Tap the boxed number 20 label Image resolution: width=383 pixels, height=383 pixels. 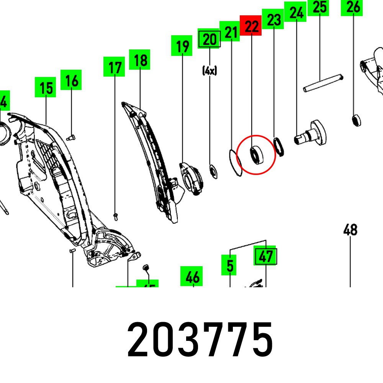point(210,39)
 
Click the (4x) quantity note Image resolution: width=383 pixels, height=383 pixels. point(210,70)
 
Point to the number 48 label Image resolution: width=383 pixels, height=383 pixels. point(350,230)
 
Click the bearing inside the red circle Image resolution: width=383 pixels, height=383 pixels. point(255,154)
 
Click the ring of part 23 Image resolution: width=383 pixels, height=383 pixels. point(279,146)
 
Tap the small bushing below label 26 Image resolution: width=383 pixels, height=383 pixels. point(356,120)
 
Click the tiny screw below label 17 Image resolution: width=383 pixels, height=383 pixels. point(115,216)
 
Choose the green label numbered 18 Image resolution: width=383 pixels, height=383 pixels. point(140,60)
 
